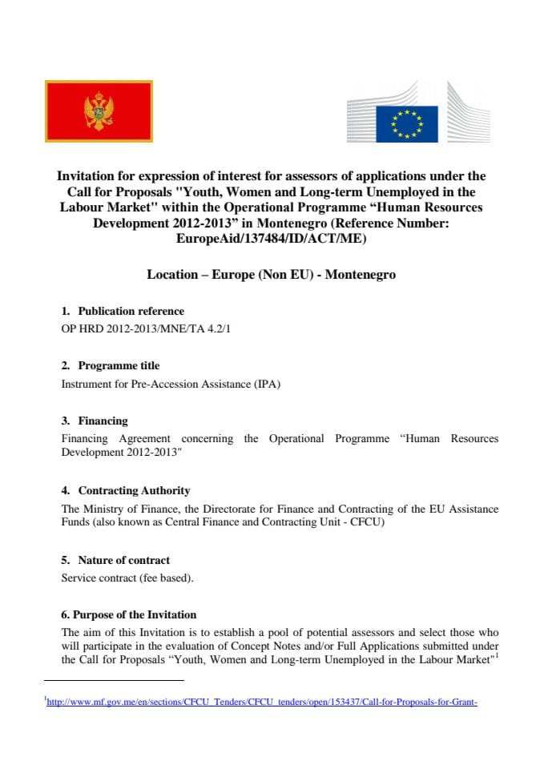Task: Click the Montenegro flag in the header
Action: coord(99,111)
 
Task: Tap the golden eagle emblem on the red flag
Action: coord(99,111)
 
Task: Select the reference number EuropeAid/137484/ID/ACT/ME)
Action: coord(271,238)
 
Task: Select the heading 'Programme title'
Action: coord(119,365)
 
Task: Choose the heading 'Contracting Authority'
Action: coord(134,490)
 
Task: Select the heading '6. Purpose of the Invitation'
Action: coord(129,614)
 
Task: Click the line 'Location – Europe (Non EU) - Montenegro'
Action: coord(271,274)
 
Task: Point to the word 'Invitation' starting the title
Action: coord(86,175)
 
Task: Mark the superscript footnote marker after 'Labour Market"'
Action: coord(496,656)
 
